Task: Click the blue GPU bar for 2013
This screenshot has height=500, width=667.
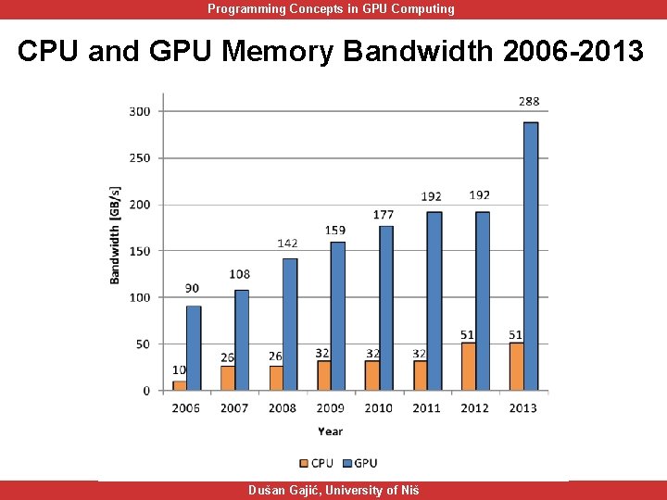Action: pyautogui.click(x=530, y=256)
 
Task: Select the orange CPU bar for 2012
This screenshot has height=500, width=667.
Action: pyautogui.click(x=468, y=367)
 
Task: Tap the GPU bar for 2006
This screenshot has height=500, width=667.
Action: pyautogui.click(x=193, y=348)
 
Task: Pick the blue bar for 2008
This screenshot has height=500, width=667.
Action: pyautogui.click(x=289, y=324)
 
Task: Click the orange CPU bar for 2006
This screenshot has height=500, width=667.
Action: pyautogui.click(x=179, y=385)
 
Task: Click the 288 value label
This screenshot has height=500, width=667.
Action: pyautogui.click(x=529, y=102)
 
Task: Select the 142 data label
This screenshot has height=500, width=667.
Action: pyautogui.click(x=287, y=243)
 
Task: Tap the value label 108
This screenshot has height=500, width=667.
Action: pyautogui.click(x=240, y=274)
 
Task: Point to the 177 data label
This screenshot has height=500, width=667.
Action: pyautogui.click(x=384, y=214)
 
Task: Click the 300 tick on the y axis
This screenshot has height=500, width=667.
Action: pyautogui.click(x=140, y=111)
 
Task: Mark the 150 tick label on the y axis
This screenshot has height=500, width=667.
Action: pyautogui.click(x=140, y=251)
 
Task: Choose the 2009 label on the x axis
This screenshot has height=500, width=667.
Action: pyautogui.click(x=330, y=407)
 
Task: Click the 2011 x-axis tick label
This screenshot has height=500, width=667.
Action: pyautogui.click(x=427, y=407)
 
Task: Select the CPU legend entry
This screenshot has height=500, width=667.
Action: pyautogui.click(x=316, y=463)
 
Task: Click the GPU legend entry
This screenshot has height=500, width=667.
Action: pyautogui.click(x=359, y=463)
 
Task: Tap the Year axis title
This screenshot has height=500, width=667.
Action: pyautogui.click(x=330, y=431)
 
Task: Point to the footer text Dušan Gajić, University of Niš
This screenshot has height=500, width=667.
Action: pyautogui.click(x=333, y=490)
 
